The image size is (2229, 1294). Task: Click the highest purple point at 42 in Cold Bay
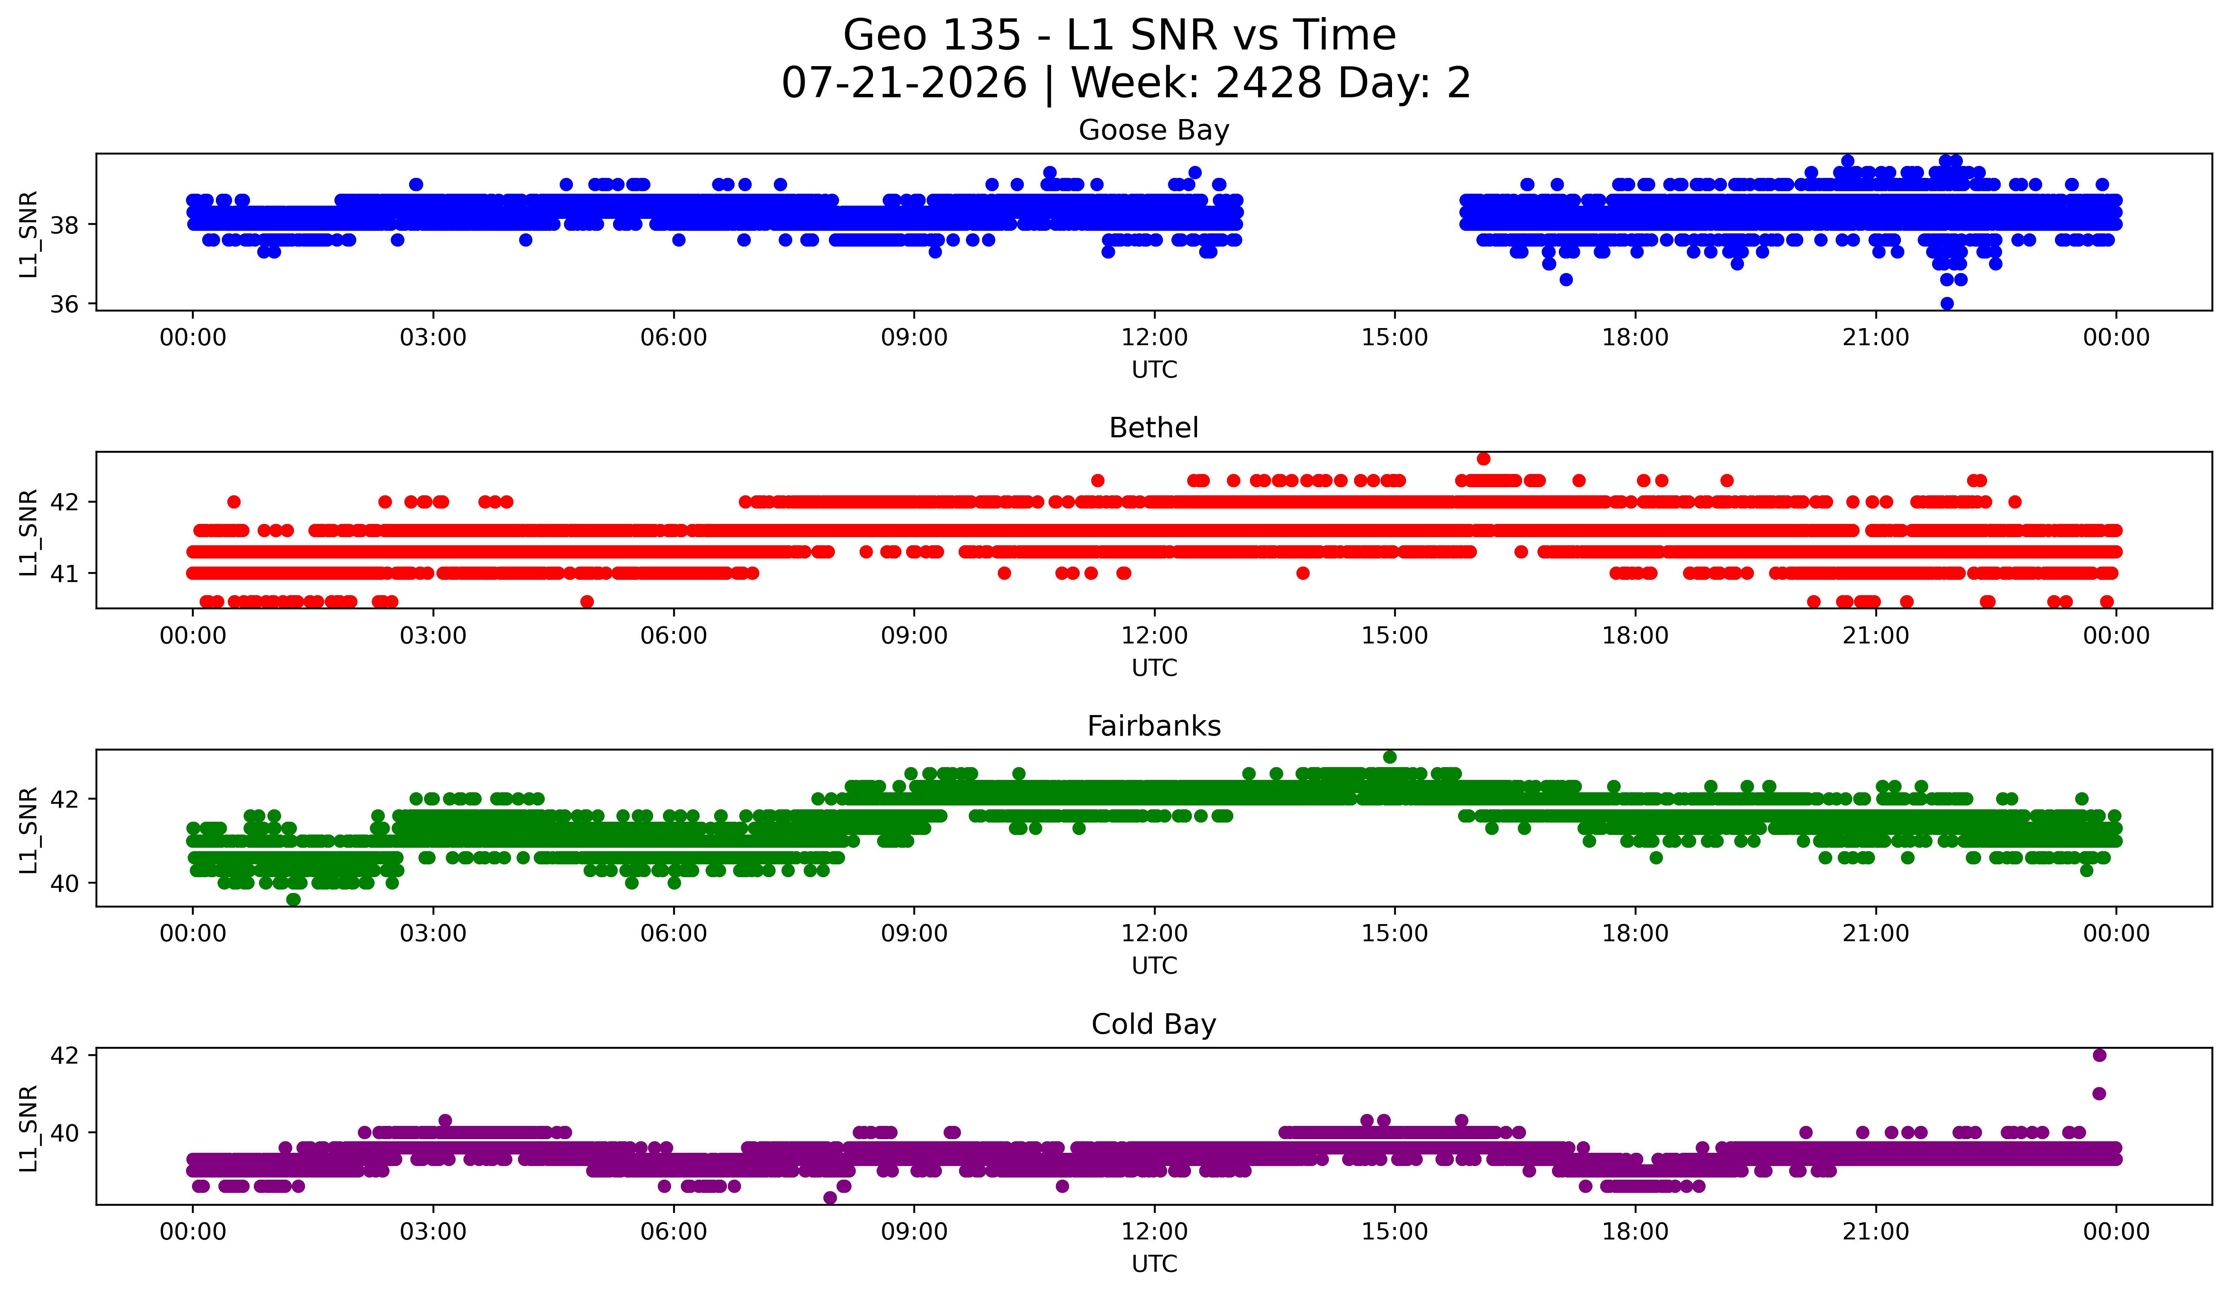2099,1055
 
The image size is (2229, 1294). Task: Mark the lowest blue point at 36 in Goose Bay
1947,303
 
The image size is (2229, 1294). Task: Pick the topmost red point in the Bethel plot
1483,458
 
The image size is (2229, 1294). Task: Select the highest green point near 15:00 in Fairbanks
1389,757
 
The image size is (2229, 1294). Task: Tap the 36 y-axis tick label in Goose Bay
64,304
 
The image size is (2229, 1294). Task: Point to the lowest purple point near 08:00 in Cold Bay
830,1198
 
